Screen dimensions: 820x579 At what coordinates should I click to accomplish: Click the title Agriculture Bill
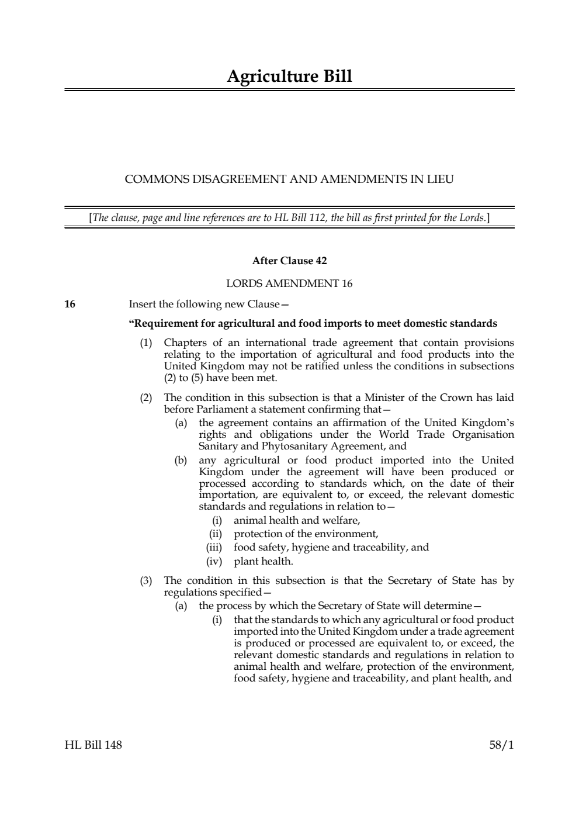289,77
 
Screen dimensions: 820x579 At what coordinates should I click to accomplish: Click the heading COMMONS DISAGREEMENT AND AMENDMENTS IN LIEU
289,179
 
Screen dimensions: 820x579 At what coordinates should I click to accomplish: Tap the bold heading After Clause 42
289,261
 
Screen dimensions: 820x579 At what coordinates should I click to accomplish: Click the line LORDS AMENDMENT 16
289,283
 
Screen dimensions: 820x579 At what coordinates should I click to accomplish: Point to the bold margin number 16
70,304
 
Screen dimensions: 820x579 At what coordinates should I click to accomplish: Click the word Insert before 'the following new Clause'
142,304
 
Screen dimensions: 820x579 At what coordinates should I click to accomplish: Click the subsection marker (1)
146,342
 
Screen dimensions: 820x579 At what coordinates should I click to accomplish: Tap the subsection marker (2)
146,397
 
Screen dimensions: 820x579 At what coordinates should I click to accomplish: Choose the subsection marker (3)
146,580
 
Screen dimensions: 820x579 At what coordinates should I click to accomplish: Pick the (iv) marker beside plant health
215,562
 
